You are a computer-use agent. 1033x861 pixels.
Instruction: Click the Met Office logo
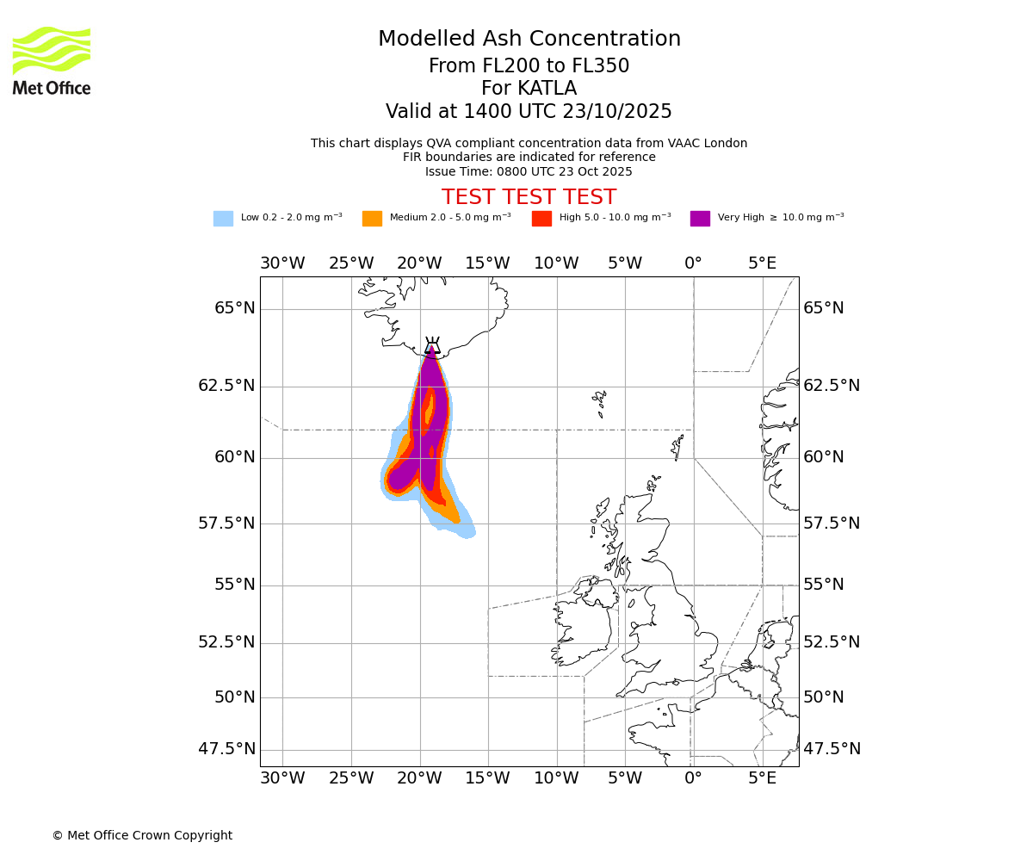point(52,60)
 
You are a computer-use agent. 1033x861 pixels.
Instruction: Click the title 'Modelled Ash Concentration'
point(529,40)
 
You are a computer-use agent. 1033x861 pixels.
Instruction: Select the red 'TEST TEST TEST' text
point(529,197)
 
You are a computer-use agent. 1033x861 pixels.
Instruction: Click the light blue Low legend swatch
point(223,219)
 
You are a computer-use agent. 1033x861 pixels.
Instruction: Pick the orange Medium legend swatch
point(372,219)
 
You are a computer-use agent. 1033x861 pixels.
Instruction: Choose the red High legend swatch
point(541,219)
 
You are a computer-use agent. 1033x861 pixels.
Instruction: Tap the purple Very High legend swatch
point(700,219)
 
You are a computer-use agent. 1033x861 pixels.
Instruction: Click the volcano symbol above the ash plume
point(432,345)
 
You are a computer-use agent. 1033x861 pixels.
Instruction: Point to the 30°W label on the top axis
point(282,263)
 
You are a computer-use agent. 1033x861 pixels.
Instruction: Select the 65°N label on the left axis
point(234,308)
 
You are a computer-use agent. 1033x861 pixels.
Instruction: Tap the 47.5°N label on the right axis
point(832,749)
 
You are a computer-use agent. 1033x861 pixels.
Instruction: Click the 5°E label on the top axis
point(762,263)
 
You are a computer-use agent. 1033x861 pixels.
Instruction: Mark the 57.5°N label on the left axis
point(226,523)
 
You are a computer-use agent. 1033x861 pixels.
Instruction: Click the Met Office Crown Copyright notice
point(142,835)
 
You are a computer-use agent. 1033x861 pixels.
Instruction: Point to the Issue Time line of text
point(529,171)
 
